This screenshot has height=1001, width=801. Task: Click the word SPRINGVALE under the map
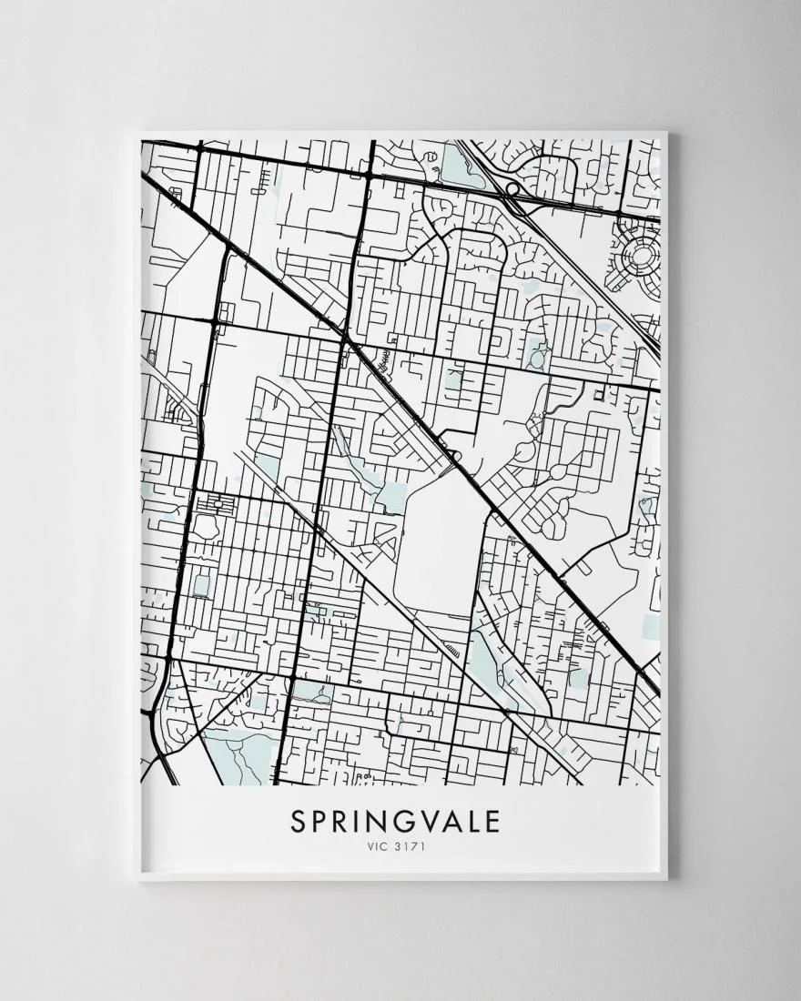(396, 822)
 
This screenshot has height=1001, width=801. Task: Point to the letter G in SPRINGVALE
(400, 822)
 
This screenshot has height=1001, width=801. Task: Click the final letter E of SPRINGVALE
(492, 822)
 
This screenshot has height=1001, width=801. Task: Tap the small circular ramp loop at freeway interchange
(512, 189)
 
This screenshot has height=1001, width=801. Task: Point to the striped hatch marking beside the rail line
(451, 650)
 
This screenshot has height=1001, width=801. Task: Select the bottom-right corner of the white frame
(666, 879)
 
